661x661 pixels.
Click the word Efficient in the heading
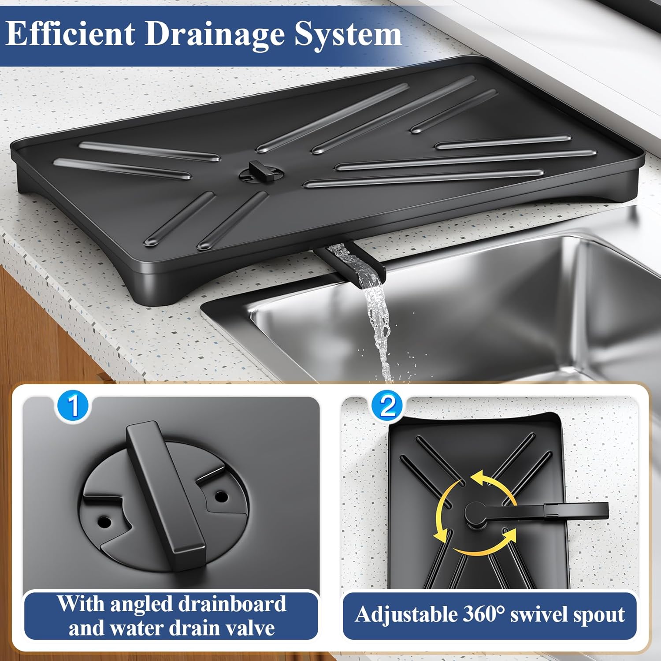(x=71, y=34)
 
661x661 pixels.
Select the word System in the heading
(x=348, y=34)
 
